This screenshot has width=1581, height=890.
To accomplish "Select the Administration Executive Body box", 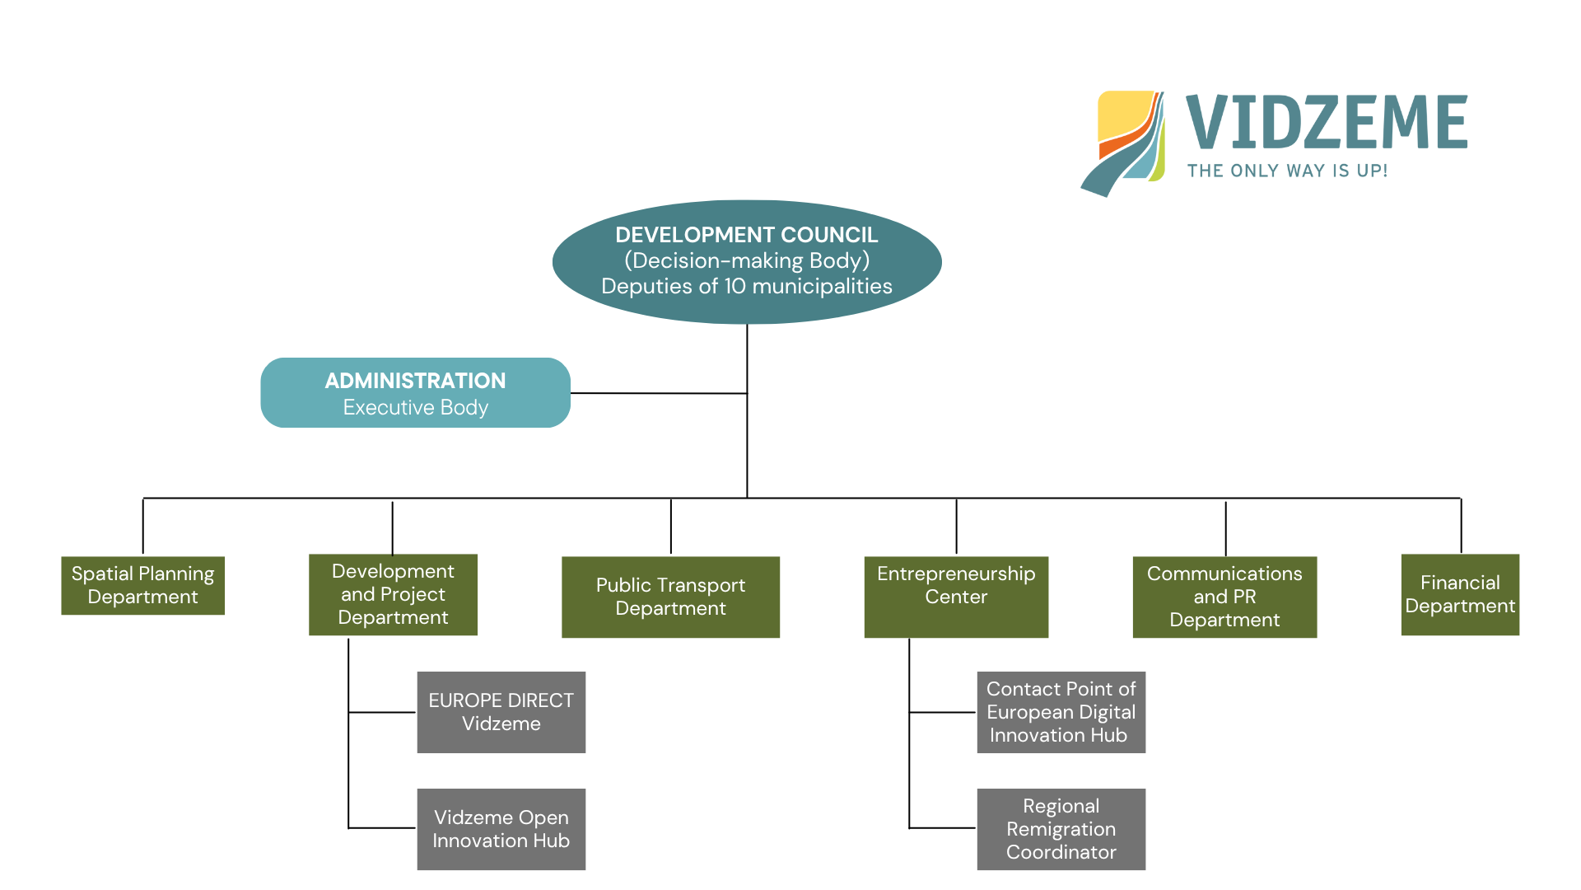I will (x=415, y=393).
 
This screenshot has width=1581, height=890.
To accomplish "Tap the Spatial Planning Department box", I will (x=142, y=585).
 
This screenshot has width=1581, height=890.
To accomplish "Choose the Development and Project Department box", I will (x=393, y=594).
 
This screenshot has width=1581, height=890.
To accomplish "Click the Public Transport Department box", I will (x=670, y=597).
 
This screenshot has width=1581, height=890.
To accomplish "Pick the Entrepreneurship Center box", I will (x=956, y=597).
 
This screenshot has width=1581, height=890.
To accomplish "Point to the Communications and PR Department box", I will (x=1224, y=597).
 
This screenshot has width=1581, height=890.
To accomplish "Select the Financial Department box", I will (x=1460, y=594).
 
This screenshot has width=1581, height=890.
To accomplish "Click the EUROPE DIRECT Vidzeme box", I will (x=501, y=712).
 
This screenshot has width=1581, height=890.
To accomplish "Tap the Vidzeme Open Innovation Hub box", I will (x=501, y=829).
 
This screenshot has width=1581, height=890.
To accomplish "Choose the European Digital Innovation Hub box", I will (x=1061, y=712).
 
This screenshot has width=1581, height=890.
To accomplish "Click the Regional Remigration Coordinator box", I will (x=1061, y=829).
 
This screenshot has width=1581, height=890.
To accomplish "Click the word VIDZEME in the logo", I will (x=1327, y=122).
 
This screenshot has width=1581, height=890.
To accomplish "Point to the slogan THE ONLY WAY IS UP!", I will (x=1287, y=171).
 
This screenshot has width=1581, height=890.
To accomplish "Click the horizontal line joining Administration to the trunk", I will (x=659, y=393).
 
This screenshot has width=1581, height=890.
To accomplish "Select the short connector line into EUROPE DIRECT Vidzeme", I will (x=382, y=712).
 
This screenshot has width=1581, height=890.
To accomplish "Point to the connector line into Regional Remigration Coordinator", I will (x=943, y=827).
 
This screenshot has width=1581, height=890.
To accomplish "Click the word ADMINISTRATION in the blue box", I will (x=415, y=381).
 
